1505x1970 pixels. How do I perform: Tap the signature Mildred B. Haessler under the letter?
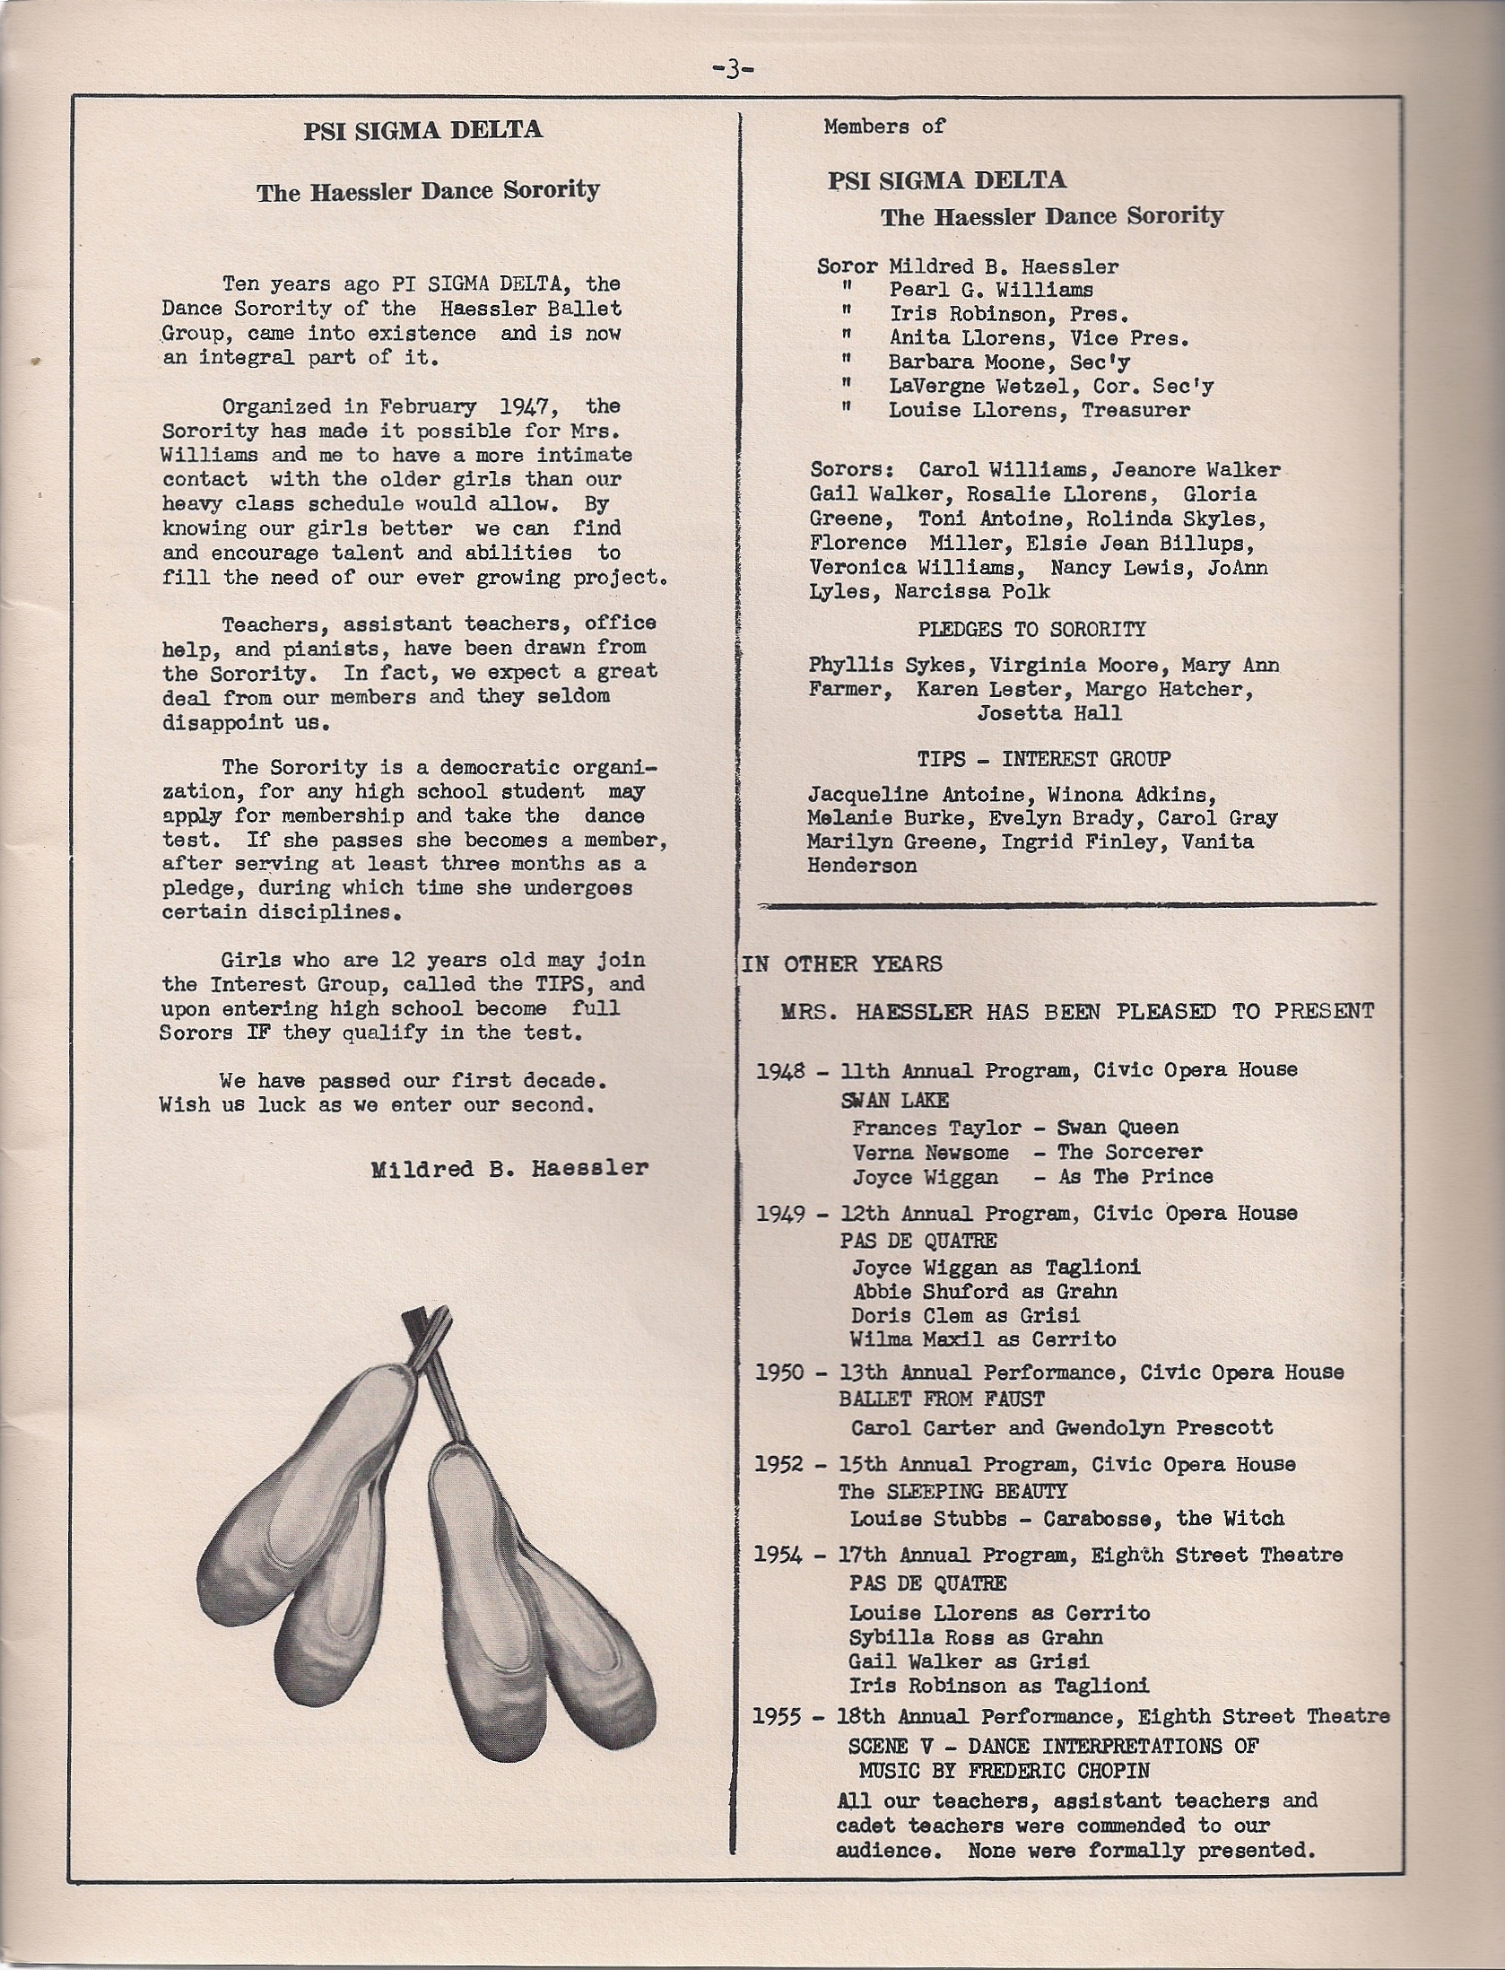[x=509, y=1169]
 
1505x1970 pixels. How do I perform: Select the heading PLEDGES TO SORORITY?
[x=1031, y=630]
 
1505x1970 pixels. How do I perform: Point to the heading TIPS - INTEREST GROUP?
[x=1043, y=759]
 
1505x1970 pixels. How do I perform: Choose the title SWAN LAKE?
[x=894, y=1100]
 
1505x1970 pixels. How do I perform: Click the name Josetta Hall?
[x=1049, y=714]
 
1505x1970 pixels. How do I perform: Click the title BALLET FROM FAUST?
[x=942, y=1399]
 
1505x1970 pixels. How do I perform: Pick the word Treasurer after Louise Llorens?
[x=1135, y=411]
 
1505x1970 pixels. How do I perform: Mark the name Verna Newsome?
[x=930, y=1153]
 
